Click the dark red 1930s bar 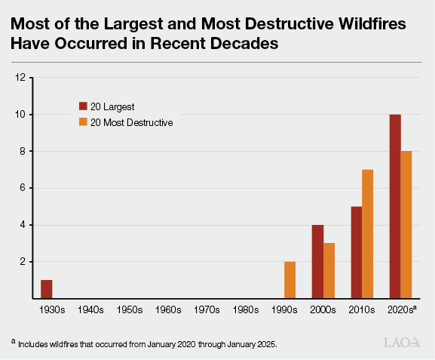coord(47,289)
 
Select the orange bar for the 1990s coord(290,280)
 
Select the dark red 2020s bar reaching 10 coord(394,206)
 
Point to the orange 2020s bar coord(406,225)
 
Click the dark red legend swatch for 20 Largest coord(85,106)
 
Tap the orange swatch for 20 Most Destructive coord(85,122)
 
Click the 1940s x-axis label coord(90,309)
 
